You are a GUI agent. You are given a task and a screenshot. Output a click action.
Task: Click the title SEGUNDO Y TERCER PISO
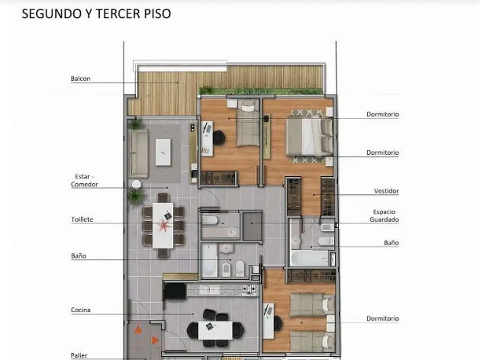[x=97, y=14]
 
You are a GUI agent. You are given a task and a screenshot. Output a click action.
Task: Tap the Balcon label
[x=81, y=79]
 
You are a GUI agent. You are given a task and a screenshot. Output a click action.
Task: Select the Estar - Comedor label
[x=84, y=180]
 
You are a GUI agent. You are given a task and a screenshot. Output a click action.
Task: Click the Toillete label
[x=82, y=219]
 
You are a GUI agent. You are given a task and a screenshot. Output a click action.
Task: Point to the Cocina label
[x=81, y=310]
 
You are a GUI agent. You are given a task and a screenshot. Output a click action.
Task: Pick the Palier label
[x=79, y=355]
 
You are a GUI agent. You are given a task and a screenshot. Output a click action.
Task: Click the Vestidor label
[x=386, y=191]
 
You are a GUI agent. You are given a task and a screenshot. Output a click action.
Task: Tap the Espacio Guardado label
[x=384, y=216]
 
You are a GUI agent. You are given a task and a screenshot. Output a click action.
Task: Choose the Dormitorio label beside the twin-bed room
[x=382, y=319]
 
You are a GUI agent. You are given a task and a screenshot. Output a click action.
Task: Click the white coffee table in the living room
[x=163, y=152]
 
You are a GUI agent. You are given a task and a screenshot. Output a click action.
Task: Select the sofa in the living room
[x=138, y=153]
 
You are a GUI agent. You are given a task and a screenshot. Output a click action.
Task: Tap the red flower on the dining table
[x=164, y=226]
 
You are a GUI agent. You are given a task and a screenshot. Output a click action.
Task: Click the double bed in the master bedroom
[x=309, y=137]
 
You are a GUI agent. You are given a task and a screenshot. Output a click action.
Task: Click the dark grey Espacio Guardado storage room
[x=252, y=226]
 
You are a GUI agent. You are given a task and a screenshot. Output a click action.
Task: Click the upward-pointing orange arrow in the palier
[x=138, y=330]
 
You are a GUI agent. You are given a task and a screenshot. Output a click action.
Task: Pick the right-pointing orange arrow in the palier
[x=156, y=340]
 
